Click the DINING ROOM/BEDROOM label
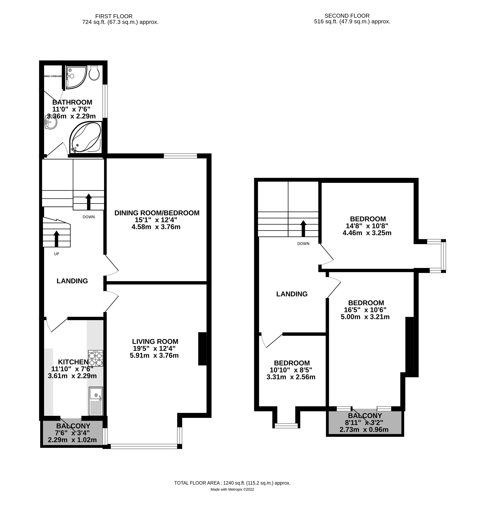point(157,213)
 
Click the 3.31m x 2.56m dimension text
point(291,377)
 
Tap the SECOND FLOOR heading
point(347,16)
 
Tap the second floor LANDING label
point(292,294)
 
